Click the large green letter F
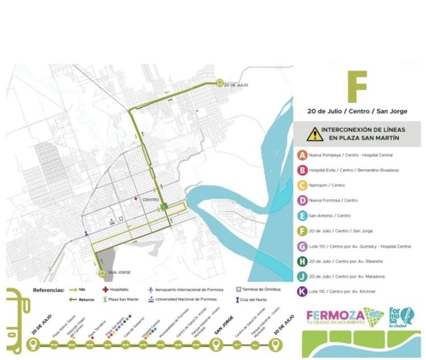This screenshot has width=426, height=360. coord(357,86)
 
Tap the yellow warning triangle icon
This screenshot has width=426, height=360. coord(311,134)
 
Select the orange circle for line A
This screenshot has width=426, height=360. coord(303,155)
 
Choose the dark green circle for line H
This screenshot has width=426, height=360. coord(303,261)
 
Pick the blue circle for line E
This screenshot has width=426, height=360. coord(303,216)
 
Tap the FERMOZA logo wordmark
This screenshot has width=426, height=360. coord(336,315)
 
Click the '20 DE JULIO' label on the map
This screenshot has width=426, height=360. coord(236,85)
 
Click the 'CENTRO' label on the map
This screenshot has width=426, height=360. coord(151,199)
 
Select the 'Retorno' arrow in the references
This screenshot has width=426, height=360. coord(73,299)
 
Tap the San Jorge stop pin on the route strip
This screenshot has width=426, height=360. coord(216,343)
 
